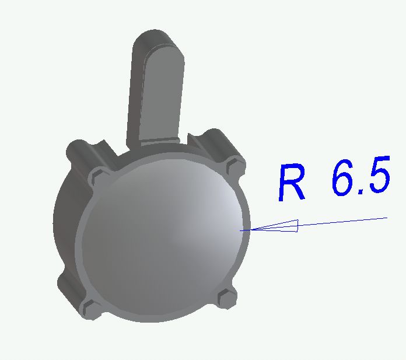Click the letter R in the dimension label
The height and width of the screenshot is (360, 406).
(292, 182)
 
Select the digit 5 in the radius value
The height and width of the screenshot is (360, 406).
(379, 174)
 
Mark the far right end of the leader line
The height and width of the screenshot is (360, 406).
(387, 218)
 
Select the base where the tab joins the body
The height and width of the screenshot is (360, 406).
(159, 142)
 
